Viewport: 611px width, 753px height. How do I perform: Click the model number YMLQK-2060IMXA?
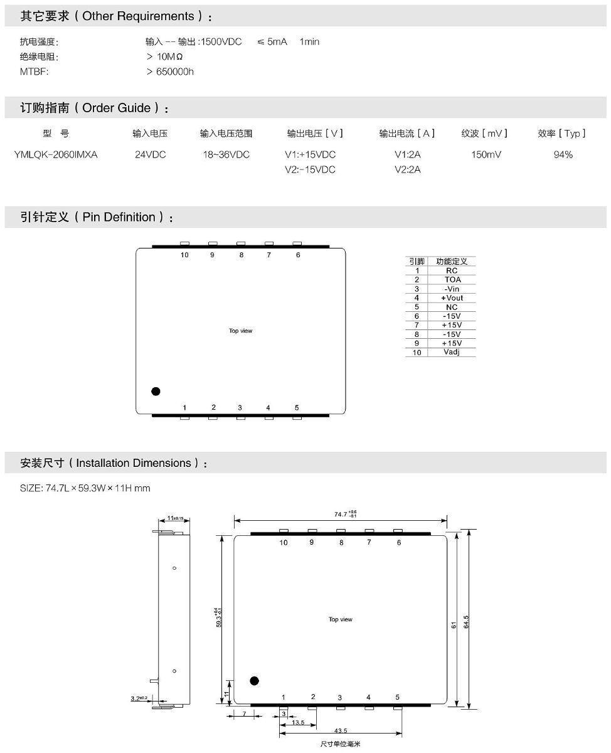(x=56, y=154)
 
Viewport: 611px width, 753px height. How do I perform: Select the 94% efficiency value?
(x=563, y=154)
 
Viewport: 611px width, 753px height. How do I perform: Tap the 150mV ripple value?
(x=486, y=154)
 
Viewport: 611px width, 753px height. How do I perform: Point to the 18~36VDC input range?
(x=226, y=154)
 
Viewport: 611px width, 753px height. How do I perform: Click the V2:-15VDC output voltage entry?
(x=310, y=169)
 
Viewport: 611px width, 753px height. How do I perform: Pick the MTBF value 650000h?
(x=175, y=72)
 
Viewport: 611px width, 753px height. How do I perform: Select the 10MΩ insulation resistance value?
(x=169, y=56)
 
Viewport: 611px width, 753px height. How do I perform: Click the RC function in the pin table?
(x=452, y=270)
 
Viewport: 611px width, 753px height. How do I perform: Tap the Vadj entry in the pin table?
(x=452, y=352)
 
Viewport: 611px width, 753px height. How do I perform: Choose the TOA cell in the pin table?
(x=453, y=279)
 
